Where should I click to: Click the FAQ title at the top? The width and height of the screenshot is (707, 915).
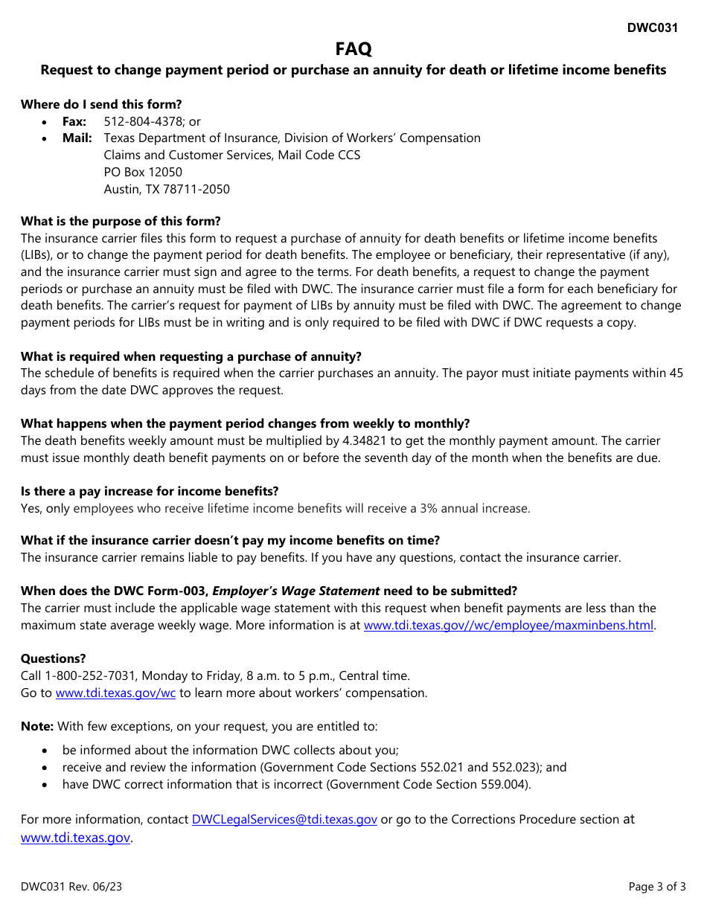pos(353,49)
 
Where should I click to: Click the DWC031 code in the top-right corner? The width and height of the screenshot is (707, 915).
pos(652,28)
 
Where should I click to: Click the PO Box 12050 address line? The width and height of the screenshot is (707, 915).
pos(143,172)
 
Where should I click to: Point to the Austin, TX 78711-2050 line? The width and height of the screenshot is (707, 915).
pos(167,189)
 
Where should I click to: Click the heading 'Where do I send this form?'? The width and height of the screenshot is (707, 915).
pos(101,104)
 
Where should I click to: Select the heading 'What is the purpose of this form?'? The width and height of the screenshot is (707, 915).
pos(121,221)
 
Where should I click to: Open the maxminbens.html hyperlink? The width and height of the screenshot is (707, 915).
pos(508,626)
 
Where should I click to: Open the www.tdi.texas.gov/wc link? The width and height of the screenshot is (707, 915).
pos(115,693)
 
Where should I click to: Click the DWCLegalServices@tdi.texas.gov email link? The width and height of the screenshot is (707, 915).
pos(284,820)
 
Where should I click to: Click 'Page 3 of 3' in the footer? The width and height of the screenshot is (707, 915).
pos(657,887)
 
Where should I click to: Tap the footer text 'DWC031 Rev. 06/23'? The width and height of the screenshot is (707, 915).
pos(67,887)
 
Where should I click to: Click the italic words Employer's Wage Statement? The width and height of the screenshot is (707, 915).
pos(296,591)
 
